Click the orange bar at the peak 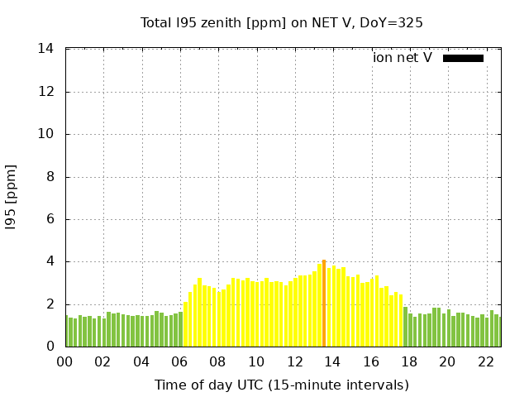[323, 303]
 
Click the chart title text [281, 23]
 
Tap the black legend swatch [463, 58]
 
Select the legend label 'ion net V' [403, 58]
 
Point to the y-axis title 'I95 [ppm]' [12, 198]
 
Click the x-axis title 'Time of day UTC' [281, 385]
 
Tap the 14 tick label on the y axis [46, 49]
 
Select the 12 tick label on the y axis [46, 92]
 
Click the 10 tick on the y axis [46, 134]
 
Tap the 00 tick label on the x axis [65, 361]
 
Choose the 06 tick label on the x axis [180, 361]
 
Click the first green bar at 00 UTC [66, 331]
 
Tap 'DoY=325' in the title [393, 23]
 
